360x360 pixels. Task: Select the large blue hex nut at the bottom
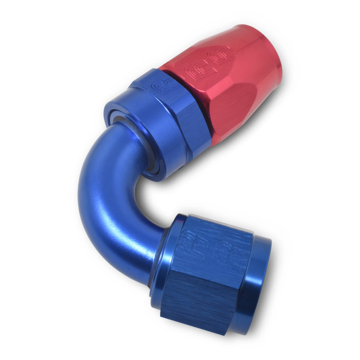click(x=211, y=270)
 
